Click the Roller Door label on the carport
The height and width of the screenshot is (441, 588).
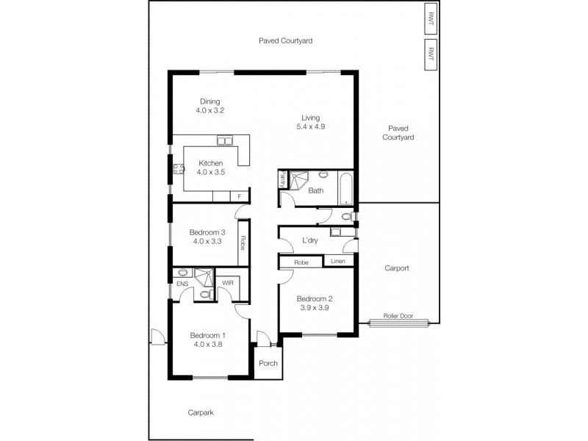coord(398,316)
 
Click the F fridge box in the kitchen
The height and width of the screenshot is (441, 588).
coord(239,196)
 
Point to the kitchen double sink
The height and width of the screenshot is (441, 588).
coord(224,140)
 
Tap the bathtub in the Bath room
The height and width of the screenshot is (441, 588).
coord(346,188)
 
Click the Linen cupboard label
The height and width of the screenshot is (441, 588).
coord(338,262)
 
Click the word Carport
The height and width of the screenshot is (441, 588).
coord(396,268)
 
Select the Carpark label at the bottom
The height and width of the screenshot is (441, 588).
coord(201,413)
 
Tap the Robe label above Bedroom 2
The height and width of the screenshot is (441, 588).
coord(301,262)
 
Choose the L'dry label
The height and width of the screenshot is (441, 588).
coord(309,240)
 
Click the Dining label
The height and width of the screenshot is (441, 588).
coord(209,101)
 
